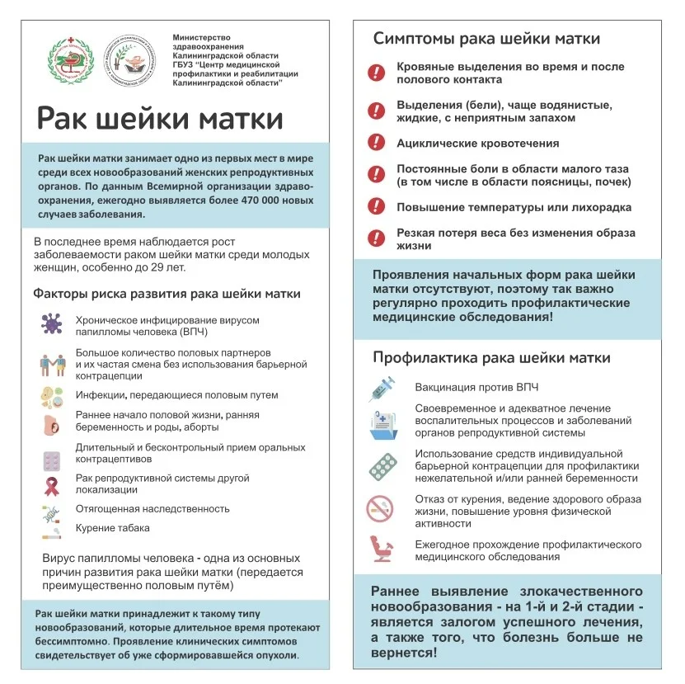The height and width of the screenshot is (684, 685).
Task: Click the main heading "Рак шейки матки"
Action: click(160, 118)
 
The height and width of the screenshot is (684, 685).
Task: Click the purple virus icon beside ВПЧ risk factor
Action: click(52, 323)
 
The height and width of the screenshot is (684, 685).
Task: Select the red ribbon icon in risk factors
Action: click(52, 484)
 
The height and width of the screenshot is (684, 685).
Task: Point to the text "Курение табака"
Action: click(113, 528)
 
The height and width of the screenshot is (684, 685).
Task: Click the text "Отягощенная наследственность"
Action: click(152, 509)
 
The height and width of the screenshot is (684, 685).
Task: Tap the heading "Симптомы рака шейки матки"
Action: click(486, 39)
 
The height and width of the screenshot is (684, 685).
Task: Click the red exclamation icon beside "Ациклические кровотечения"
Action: click(376, 143)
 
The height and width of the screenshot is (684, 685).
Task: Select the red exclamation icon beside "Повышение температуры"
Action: click(376, 207)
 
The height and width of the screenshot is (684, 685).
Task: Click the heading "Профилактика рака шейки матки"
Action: click(491, 358)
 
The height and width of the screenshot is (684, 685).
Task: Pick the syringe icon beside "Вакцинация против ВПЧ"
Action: click(382, 388)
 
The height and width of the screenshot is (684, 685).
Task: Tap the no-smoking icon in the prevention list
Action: click(381, 507)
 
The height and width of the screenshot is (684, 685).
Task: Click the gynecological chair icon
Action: click(381, 549)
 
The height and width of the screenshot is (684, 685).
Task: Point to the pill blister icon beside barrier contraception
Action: click(382, 466)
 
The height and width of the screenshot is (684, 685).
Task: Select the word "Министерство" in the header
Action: click(202, 38)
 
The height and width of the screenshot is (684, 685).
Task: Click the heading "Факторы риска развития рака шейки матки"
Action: click(167, 294)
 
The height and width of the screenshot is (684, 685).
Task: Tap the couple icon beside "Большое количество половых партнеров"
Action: click(52, 364)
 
